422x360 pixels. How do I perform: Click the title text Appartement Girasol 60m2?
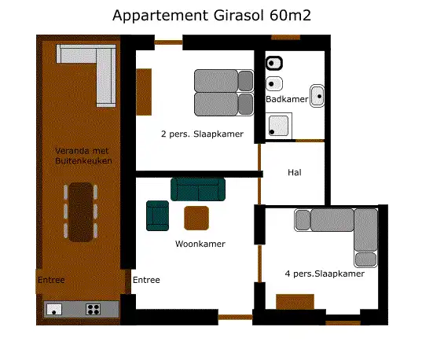(211, 16)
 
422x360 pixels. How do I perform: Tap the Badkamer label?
(287, 99)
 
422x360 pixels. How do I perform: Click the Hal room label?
(295, 172)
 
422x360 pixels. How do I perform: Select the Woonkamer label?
(200, 244)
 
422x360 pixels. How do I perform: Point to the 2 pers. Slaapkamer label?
(202, 134)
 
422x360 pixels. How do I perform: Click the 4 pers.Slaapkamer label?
(325, 274)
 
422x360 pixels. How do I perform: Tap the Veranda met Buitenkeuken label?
(83, 156)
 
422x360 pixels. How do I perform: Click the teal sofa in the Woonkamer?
(198, 189)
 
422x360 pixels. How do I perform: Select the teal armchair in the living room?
(157, 215)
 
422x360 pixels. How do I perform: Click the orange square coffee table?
(196, 218)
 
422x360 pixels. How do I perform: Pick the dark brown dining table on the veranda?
(81, 212)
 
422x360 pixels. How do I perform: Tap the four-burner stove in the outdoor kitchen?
(93, 310)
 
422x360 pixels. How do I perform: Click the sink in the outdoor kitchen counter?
(54, 310)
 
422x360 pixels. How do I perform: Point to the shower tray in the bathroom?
(279, 126)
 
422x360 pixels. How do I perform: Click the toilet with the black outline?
(274, 64)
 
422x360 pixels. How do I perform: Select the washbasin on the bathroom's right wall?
(317, 96)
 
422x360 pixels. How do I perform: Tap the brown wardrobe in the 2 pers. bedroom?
(144, 92)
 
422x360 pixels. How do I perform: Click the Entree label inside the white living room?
(146, 280)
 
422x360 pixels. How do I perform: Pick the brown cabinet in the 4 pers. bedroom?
(295, 302)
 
